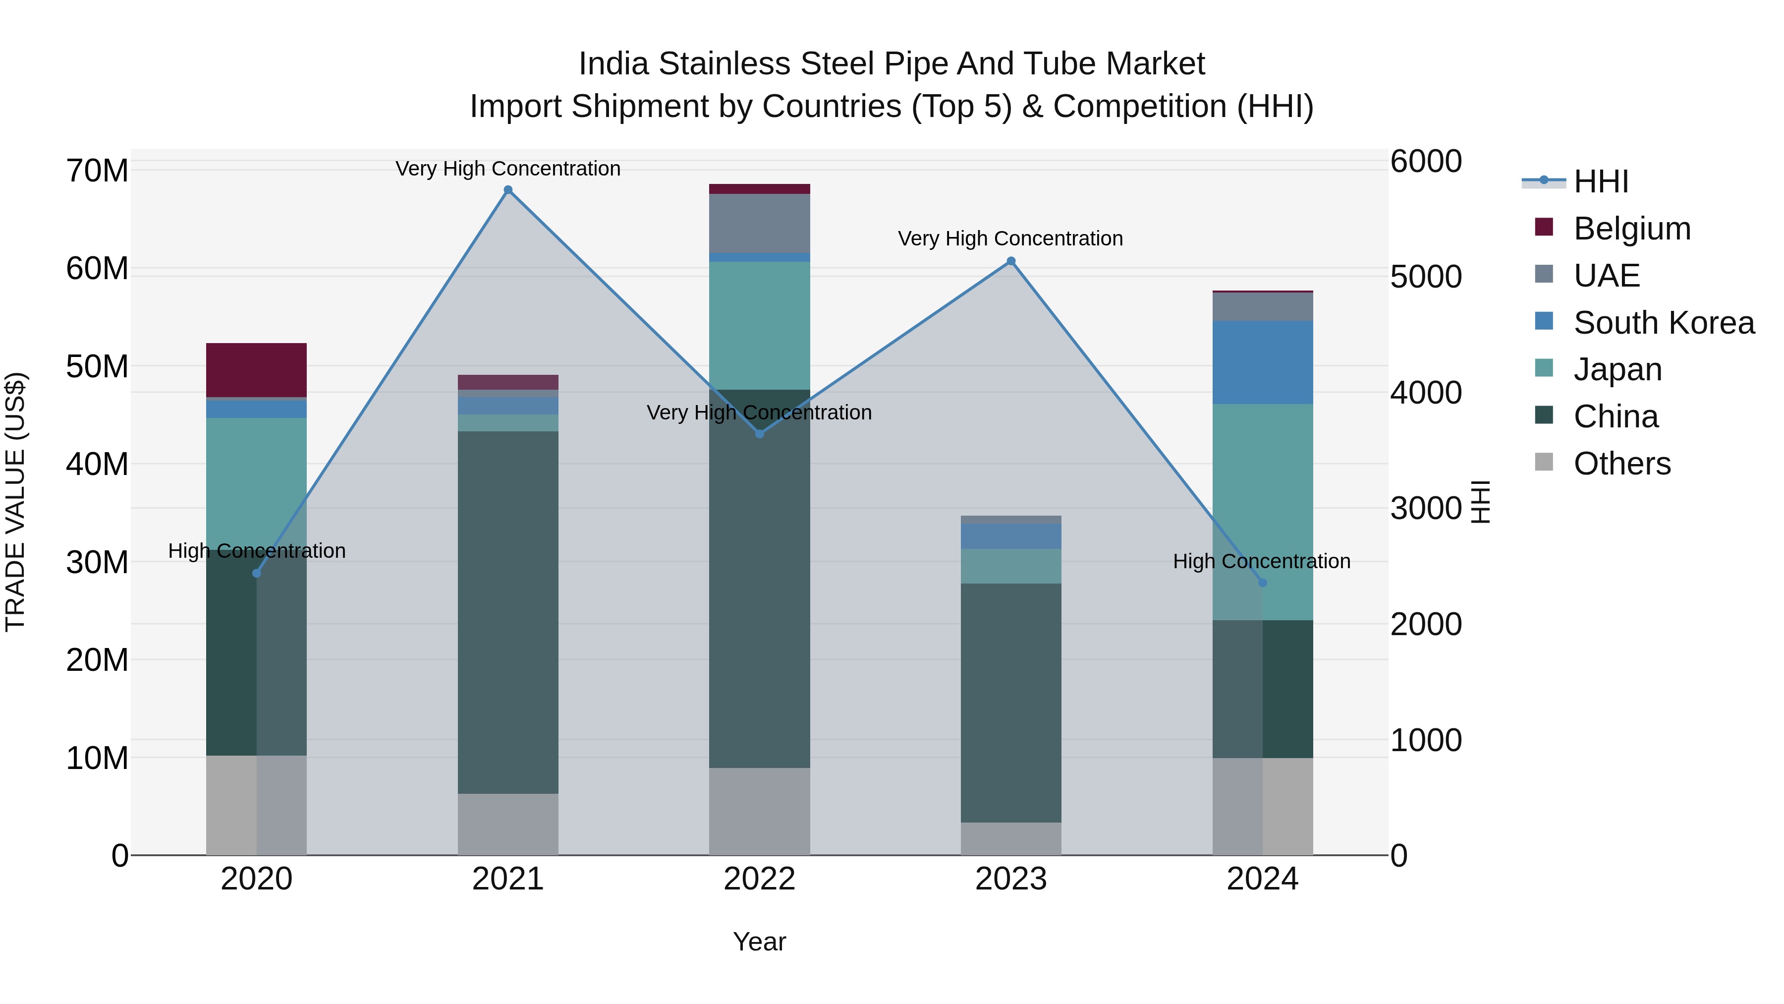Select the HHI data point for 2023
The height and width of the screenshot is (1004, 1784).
(x=1010, y=261)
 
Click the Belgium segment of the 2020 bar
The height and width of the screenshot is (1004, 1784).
(x=256, y=370)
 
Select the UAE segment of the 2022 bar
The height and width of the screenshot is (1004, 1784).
(x=759, y=223)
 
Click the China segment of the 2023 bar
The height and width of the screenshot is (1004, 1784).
(x=1010, y=702)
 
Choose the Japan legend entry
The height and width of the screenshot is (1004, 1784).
(x=1617, y=369)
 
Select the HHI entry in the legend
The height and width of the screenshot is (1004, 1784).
(x=1600, y=181)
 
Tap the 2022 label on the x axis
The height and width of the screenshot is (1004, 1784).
(x=759, y=879)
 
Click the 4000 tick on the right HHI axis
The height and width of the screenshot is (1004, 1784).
(x=1425, y=393)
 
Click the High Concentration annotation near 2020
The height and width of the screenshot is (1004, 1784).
(x=256, y=551)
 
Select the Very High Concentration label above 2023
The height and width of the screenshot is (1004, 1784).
(x=1010, y=238)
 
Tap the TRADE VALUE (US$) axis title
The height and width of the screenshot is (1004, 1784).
(x=15, y=502)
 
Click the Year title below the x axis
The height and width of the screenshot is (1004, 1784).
(x=759, y=942)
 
